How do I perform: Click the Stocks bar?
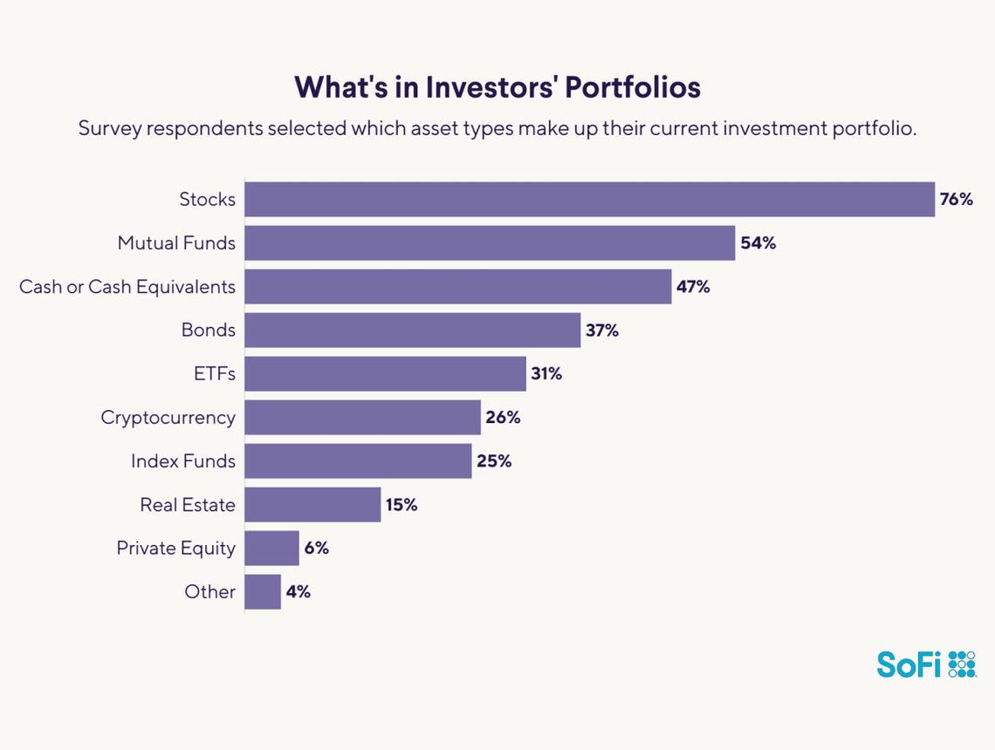(589, 200)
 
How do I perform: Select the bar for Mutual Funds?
(489, 243)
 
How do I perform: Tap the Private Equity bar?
(271, 549)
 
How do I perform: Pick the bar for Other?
(263, 592)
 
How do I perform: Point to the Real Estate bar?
(312, 505)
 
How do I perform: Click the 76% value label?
(956, 200)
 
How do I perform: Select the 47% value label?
(693, 287)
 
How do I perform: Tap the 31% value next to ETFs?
(546, 374)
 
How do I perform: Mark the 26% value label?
(503, 418)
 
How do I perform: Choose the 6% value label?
(317, 549)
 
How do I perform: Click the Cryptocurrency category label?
(168, 418)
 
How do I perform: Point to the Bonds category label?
(209, 331)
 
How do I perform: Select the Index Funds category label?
(183, 461)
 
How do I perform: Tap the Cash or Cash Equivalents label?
(127, 287)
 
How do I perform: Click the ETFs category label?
(215, 374)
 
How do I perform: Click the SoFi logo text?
(909, 665)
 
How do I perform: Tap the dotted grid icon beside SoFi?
(962, 664)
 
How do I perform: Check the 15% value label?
(401, 505)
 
